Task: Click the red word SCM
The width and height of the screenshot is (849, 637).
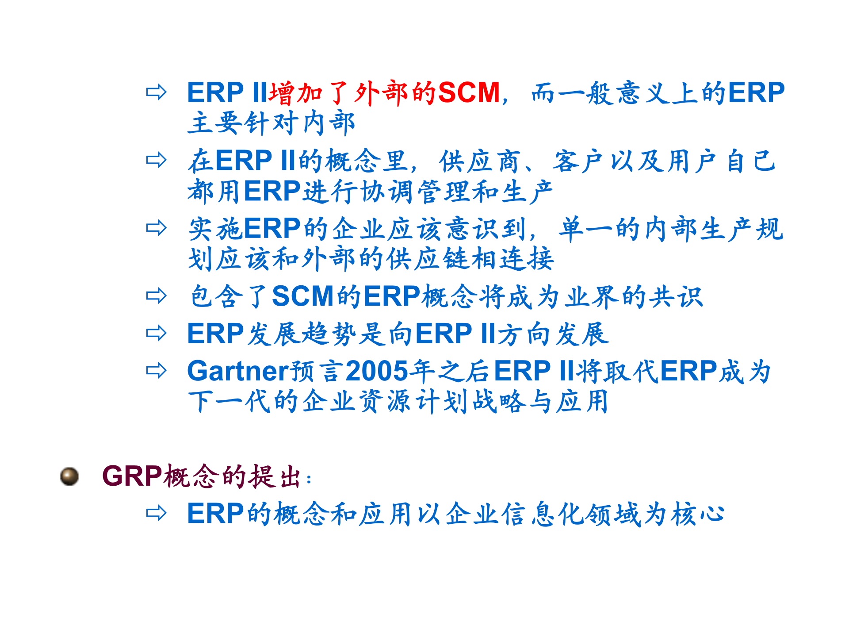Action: (x=469, y=93)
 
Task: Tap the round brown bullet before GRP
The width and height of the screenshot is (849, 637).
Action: (x=69, y=476)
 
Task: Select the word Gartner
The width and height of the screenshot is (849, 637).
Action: (x=237, y=371)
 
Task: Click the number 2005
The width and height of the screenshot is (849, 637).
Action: (x=376, y=371)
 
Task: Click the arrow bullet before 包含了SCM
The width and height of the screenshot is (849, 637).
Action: (x=156, y=296)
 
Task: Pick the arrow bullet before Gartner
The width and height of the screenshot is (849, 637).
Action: (x=156, y=371)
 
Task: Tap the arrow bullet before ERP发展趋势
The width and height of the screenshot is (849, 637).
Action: (x=156, y=333)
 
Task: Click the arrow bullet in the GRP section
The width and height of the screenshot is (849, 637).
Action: (x=156, y=514)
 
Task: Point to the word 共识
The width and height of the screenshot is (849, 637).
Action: (x=676, y=296)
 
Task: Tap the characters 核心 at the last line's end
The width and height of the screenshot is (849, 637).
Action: (x=697, y=514)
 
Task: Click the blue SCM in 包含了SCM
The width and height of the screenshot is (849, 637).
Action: (x=302, y=296)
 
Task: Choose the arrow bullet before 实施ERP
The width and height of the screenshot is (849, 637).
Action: (x=156, y=228)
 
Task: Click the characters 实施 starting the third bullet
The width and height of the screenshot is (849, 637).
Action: (x=215, y=229)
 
